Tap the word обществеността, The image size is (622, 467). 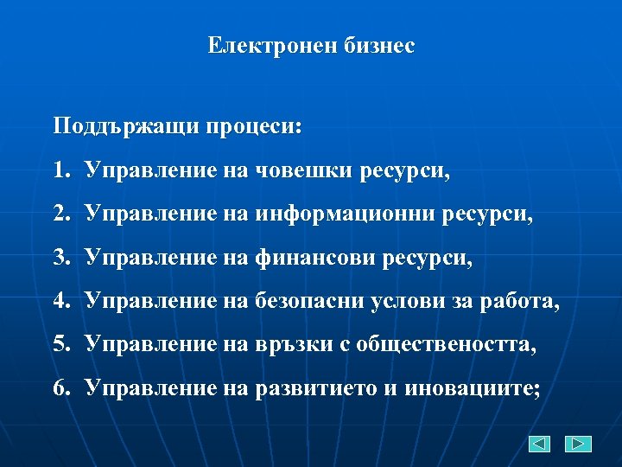click(x=438, y=344)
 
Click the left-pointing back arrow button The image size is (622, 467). click(x=539, y=444)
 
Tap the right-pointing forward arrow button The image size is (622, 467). click(x=578, y=444)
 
